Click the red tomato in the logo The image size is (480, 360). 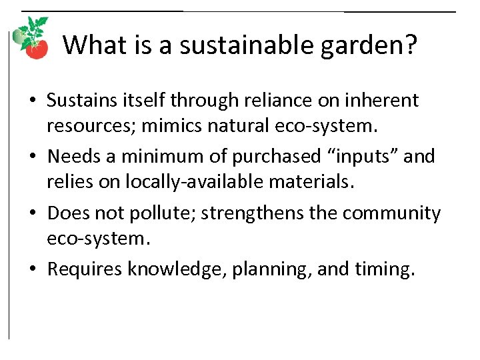point(37,49)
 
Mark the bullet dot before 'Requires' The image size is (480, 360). point(33,269)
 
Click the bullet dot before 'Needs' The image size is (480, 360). point(33,157)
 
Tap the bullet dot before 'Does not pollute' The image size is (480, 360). point(33,213)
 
